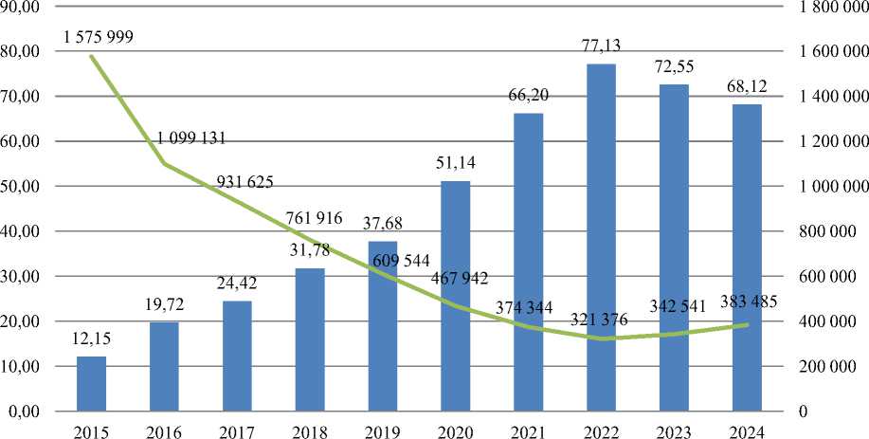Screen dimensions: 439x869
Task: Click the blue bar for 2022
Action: pyautogui.click(x=601, y=237)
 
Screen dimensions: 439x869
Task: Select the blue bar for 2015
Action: pyautogui.click(x=91, y=383)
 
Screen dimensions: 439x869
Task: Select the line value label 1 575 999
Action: pyautogui.click(x=99, y=37)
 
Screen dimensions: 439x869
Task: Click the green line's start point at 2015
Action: pyautogui.click(x=91, y=56)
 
